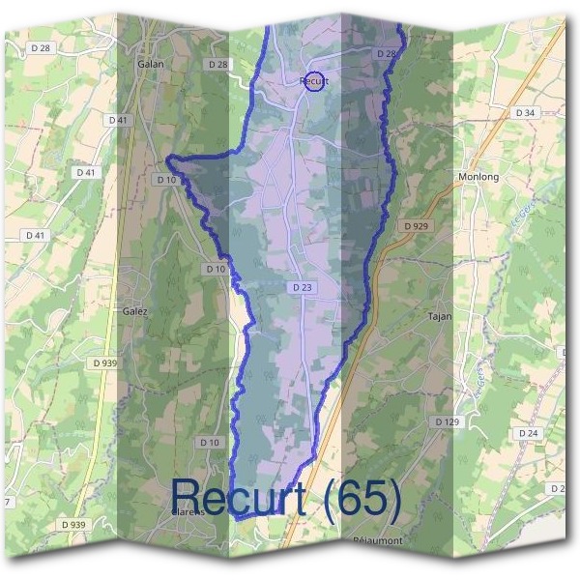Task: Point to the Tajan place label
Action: click(x=440, y=316)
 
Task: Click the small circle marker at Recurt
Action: click(x=313, y=82)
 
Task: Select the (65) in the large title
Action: click(x=362, y=497)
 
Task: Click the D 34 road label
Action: click(x=525, y=113)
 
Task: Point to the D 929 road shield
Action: click(x=417, y=225)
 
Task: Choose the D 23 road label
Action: click(x=302, y=287)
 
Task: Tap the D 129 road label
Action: click(x=447, y=422)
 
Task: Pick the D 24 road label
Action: click(x=527, y=432)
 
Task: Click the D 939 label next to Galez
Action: click(x=105, y=362)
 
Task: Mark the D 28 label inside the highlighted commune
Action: click(x=387, y=54)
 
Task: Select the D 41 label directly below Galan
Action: click(x=119, y=120)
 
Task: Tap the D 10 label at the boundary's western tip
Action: click(x=165, y=180)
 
